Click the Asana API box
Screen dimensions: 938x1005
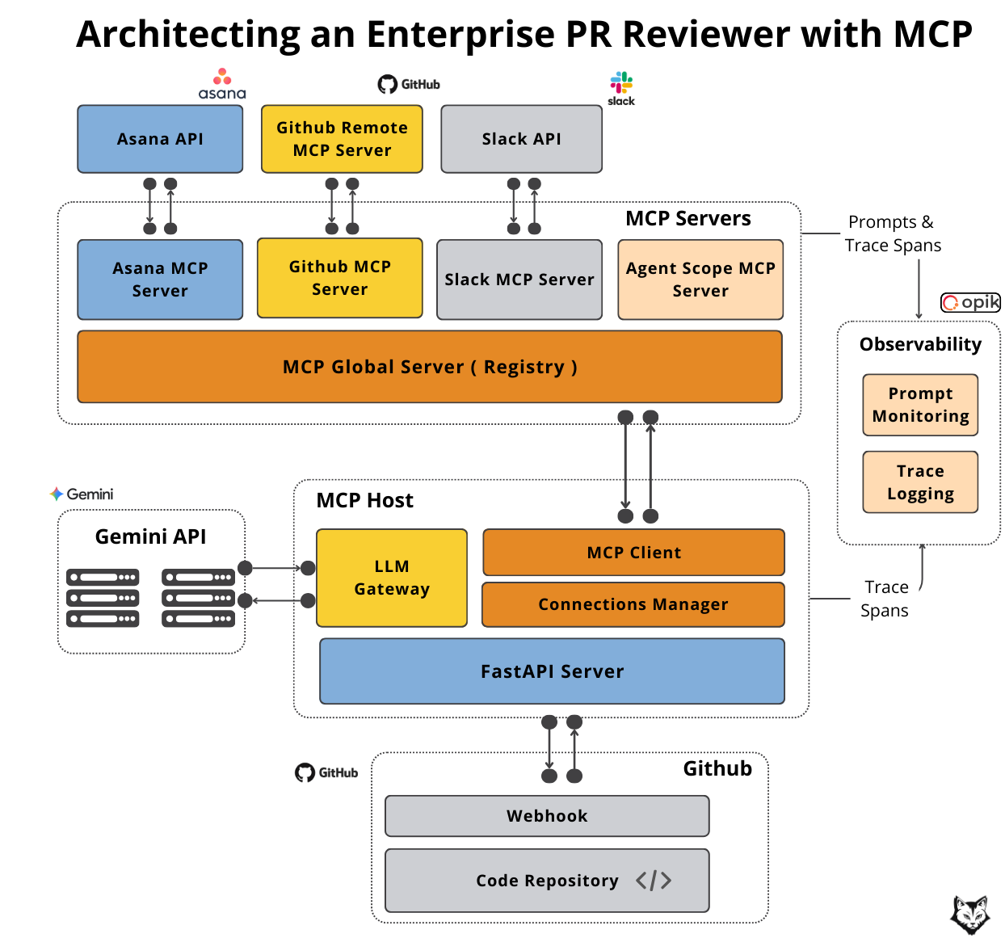coord(160,139)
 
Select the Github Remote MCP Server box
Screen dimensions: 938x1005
coord(342,139)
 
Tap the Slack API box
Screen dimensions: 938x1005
coord(521,139)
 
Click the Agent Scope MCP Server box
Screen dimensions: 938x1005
coord(700,280)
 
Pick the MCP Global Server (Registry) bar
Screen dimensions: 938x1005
coord(429,367)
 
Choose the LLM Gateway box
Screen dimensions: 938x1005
coord(392,578)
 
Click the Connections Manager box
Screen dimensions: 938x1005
coord(633,604)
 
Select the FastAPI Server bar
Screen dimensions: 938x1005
coord(552,671)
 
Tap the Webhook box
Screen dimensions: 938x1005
coord(547,816)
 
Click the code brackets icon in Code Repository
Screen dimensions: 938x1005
coord(654,881)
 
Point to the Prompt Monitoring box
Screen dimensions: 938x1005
coord(920,405)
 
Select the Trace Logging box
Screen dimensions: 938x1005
coord(920,482)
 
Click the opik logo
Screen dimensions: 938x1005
coord(971,302)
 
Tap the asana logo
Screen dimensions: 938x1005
coord(222,84)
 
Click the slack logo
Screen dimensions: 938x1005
coord(621,88)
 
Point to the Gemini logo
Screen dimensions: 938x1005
coord(82,494)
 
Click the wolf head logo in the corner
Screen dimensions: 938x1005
coord(969,915)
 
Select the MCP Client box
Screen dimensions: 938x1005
coord(633,553)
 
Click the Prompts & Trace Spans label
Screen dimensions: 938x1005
coord(893,233)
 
